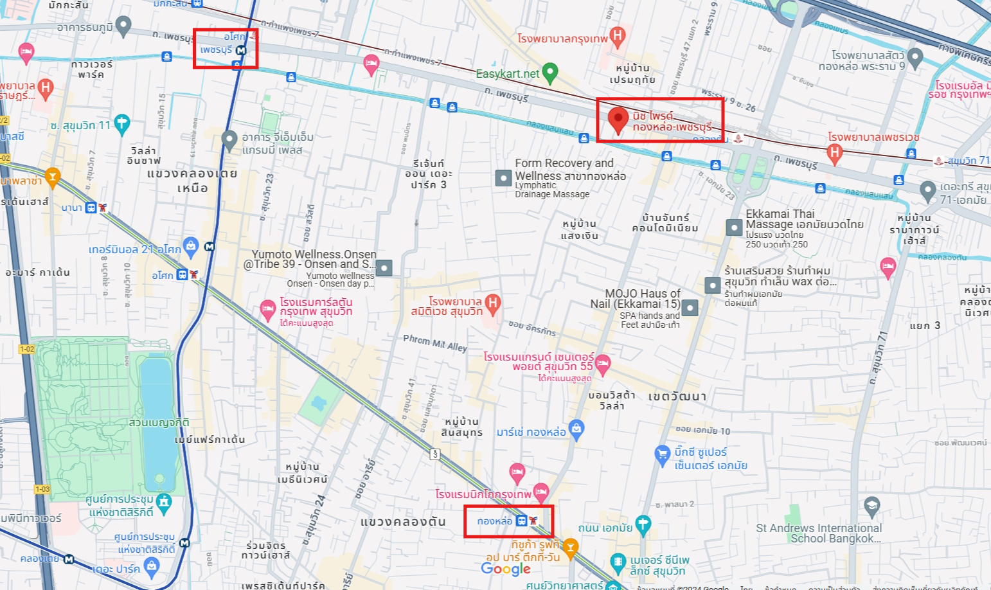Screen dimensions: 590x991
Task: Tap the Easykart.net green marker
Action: (x=550, y=73)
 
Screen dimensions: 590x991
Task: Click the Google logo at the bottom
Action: (x=506, y=569)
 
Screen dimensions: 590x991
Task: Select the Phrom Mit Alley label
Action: (x=435, y=343)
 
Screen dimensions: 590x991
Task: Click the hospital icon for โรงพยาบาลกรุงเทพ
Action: (x=618, y=36)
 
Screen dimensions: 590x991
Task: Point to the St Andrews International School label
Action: (x=819, y=533)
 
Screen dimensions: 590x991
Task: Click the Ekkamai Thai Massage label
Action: (x=803, y=219)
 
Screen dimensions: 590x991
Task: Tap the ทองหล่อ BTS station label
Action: (x=494, y=521)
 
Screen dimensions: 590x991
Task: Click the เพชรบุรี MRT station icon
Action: (x=241, y=50)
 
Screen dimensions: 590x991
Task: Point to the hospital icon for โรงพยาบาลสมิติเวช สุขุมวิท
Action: (x=493, y=303)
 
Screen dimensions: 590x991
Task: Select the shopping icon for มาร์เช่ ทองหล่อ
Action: (x=576, y=429)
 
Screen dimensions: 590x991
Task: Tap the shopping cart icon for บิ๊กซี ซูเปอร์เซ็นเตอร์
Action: (x=662, y=454)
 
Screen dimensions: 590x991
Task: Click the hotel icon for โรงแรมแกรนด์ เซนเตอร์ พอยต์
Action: (x=602, y=363)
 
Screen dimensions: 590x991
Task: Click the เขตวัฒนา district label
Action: (x=677, y=397)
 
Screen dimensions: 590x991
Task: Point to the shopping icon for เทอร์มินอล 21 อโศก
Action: (x=190, y=246)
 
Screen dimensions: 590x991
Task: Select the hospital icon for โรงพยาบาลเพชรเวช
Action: (x=834, y=153)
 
